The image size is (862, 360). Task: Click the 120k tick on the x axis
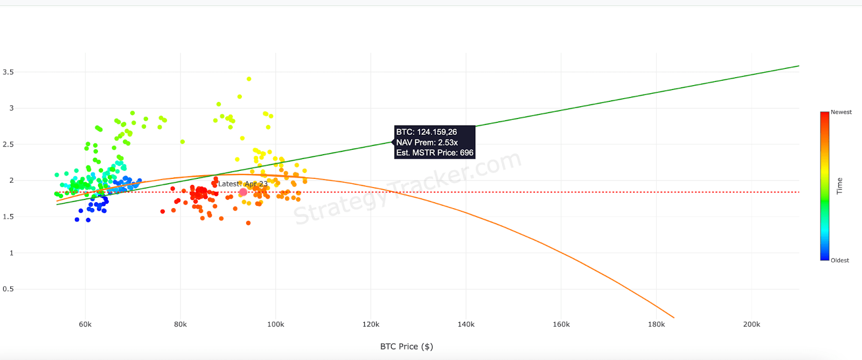click(x=371, y=324)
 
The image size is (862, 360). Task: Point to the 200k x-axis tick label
click(x=751, y=324)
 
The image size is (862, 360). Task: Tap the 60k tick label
click(x=85, y=324)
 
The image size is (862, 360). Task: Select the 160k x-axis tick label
click(x=561, y=324)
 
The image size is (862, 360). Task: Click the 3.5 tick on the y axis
click(x=8, y=72)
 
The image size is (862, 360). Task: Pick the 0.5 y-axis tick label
click(x=8, y=289)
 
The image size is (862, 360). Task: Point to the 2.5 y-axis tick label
click(x=8, y=144)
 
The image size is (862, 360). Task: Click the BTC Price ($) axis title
click(x=406, y=347)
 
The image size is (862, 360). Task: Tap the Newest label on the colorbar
click(x=841, y=112)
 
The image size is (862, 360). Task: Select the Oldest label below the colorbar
click(x=839, y=260)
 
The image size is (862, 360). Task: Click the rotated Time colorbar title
click(x=839, y=186)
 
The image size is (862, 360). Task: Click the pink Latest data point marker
click(x=243, y=192)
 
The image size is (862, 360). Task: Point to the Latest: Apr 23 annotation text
click(x=243, y=184)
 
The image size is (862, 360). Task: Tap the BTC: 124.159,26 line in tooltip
click(x=426, y=132)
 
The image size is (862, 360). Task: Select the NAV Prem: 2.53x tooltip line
click(x=427, y=142)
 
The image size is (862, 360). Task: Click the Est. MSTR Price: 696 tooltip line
click(x=434, y=153)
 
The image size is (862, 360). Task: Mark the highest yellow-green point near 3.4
click(x=249, y=79)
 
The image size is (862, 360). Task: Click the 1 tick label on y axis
click(x=11, y=253)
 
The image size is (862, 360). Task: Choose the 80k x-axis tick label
click(x=180, y=324)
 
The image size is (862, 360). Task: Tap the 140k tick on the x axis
click(x=466, y=324)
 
